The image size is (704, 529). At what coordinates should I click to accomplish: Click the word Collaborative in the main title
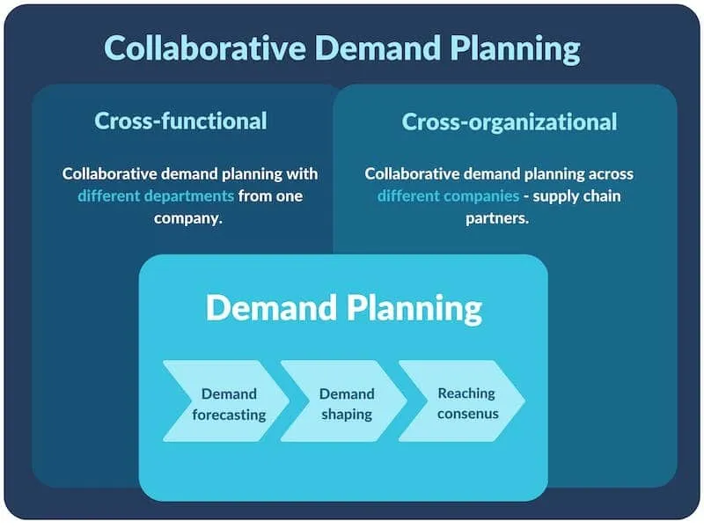click(x=205, y=48)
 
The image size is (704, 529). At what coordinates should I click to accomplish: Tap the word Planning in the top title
click(x=515, y=50)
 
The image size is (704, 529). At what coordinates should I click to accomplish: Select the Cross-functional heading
click(x=180, y=121)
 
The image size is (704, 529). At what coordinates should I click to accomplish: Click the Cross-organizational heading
click(x=510, y=122)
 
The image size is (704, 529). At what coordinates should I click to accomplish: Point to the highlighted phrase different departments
click(x=156, y=196)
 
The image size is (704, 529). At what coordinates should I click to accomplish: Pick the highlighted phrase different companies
click(x=448, y=196)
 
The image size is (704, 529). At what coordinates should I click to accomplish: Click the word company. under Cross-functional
click(x=188, y=218)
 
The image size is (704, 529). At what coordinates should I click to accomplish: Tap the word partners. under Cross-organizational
click(x=497, y=218)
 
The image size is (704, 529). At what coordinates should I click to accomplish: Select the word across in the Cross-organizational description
click(x=611, y=174)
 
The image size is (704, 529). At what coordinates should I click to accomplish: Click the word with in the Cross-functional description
click(x=302, y=173)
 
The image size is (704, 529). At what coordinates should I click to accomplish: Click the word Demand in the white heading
click(x=272, y=307)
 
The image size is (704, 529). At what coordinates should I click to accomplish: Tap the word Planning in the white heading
click(x=414, y=310)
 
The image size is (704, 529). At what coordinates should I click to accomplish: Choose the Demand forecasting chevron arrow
click(x=227, y=401)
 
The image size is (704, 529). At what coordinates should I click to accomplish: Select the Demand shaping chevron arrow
click(x=344, y=401)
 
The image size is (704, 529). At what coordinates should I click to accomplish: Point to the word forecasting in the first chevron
click(x=229, y=415)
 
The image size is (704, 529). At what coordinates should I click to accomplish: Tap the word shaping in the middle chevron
click(x=347, y=415)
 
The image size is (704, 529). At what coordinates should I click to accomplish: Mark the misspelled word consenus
click(x=468, y=414)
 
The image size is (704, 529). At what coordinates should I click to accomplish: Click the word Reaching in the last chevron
click(x=466, y=393)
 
